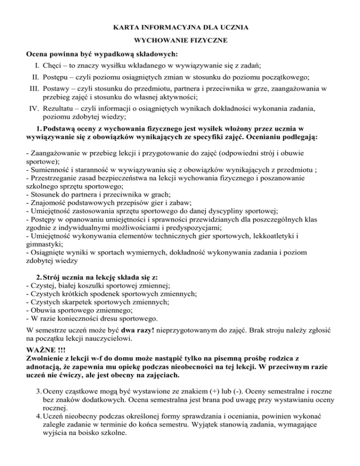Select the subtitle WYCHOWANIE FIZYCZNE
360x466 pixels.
click(x=180, y=41)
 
